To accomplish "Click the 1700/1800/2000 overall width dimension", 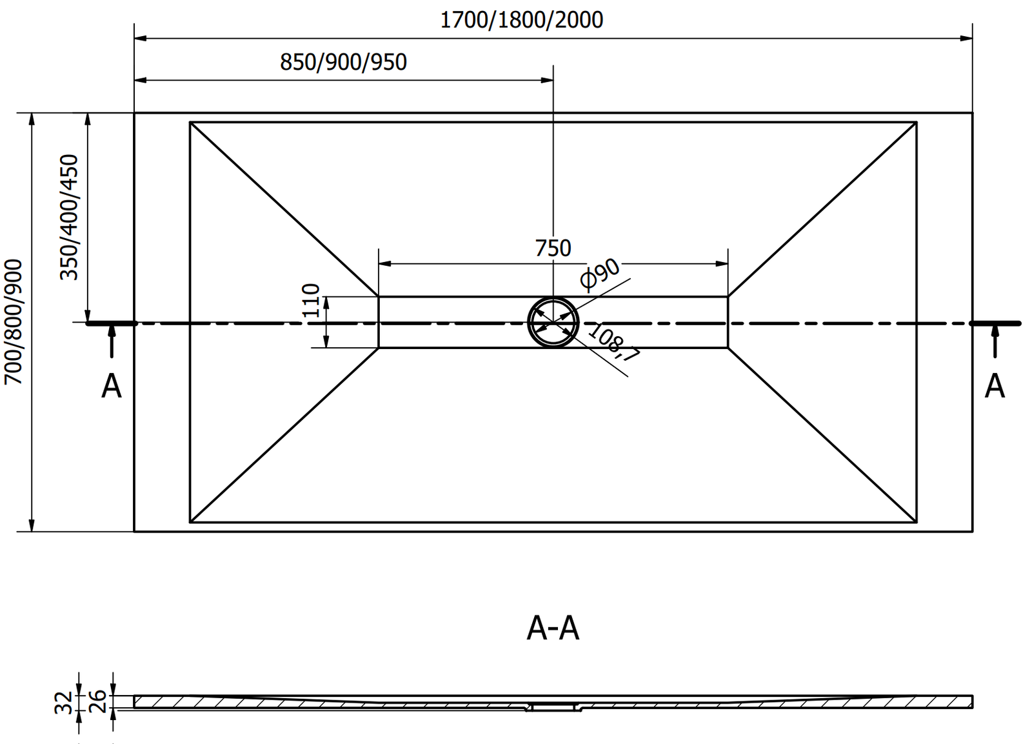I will [x=521, y=20].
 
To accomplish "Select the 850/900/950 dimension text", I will [x=343, y=62].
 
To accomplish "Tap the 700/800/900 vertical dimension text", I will [x=14, y=322].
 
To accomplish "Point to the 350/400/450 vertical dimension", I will [x=68, y=217].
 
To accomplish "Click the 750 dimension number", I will [x=553, y=248].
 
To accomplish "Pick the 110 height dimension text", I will [x=311, y=300].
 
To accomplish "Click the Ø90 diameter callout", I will [x=599, y=273].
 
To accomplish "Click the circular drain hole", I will [x=553, y=323].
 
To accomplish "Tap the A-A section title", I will [x=553, y=628].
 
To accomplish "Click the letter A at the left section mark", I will [x=112, y=387].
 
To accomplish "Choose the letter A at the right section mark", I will [x=995, y=387].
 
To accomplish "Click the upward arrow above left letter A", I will [x=112, y=339].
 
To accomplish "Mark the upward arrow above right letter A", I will [x=995, y=339].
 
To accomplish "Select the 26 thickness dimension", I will [x=96, y=699].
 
